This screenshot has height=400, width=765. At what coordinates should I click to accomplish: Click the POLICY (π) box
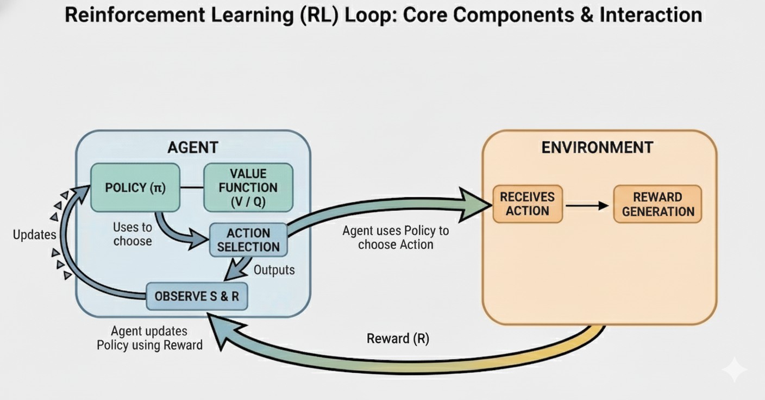[135, 187]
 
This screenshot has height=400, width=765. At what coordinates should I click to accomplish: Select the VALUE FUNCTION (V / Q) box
[248, 187]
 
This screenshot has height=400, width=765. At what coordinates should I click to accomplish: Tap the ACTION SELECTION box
[248, 240]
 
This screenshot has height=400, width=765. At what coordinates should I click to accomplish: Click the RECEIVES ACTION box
[528, 204]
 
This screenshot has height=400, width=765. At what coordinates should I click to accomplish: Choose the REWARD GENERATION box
[657, 204]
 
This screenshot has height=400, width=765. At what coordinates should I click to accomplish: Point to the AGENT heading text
[192, 147]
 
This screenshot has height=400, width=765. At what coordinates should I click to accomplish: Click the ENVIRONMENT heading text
[597, 147]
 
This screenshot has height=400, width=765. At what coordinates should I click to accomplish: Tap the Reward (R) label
[398, 339]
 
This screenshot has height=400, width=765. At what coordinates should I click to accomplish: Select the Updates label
[34, 235]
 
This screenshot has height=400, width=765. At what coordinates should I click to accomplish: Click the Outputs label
[274, 270]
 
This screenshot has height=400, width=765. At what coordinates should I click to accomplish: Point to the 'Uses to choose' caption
[132, 234]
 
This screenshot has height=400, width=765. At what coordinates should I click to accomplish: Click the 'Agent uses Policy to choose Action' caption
[396, 237]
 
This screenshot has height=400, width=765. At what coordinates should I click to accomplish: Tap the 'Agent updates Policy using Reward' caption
[149, 338]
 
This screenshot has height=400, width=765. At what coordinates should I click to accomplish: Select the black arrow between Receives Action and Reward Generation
[587, 205]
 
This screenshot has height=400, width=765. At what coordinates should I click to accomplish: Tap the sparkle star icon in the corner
[734, 370]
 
